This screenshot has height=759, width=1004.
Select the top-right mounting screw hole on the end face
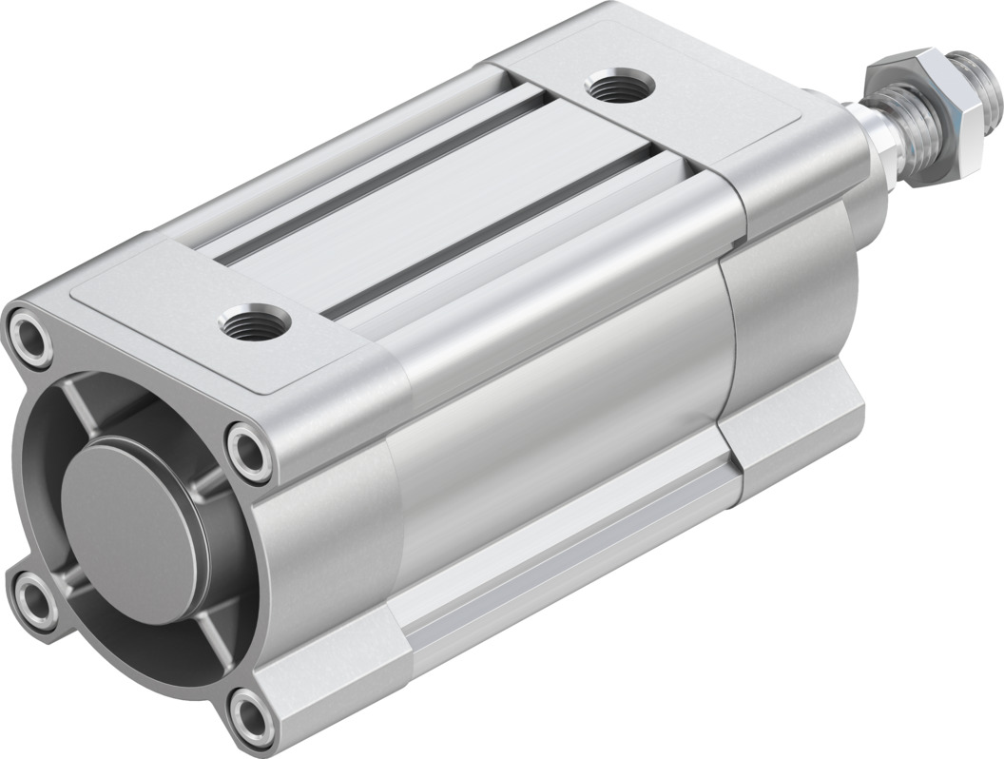click(249, 446)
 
